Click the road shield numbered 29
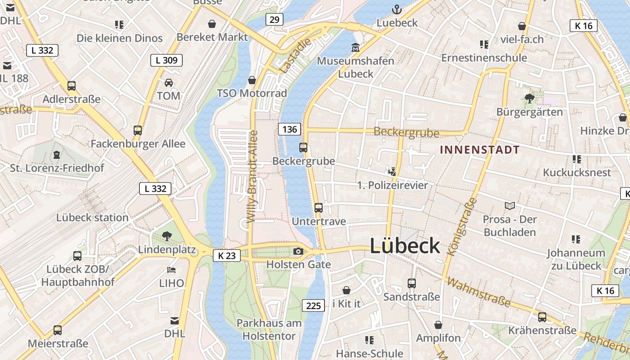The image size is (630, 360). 274,19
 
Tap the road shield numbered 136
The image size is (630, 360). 289,130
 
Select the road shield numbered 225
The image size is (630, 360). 313,306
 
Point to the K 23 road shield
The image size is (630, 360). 226,256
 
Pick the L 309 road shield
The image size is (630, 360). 166,60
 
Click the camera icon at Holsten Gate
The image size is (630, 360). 298,252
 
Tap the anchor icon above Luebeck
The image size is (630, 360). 396,9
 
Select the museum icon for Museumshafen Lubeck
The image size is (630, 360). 355,47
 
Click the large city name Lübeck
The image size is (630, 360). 405,246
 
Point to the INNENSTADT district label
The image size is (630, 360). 480,150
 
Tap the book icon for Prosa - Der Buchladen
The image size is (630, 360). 509,206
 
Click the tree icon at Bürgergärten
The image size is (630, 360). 530,98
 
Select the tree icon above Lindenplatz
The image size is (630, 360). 167,236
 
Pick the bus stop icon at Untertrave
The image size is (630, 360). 319,208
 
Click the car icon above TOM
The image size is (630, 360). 169,83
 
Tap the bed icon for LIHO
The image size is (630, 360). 171,270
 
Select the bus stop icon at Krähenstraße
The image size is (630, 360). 542,317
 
